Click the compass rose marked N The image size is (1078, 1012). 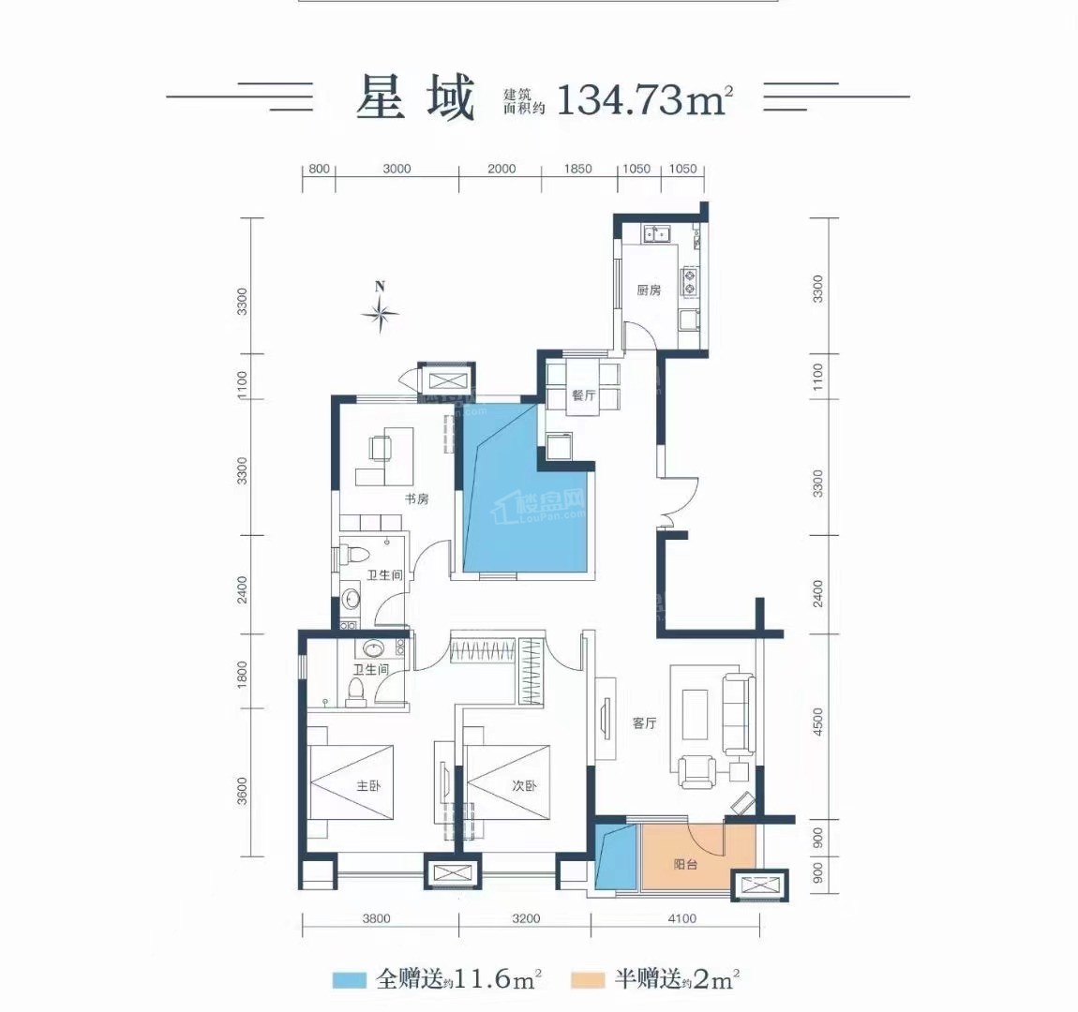[x=381, y=313]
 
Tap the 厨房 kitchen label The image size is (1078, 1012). [x=649, y=290]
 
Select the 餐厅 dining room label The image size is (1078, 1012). [x=583, y=395]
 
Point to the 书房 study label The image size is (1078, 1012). [x=416, y=499]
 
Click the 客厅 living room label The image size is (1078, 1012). [x=644, y=722]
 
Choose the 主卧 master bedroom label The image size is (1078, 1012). [x=368, y=785]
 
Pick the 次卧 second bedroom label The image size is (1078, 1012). [x=524, y=785]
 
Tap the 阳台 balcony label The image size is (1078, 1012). [x=685, y=864]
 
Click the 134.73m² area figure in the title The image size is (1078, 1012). [x=644, y=99]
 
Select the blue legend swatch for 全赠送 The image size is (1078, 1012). [x=350, y=980]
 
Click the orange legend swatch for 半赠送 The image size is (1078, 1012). [x=588, y=980]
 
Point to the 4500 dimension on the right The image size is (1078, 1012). [x=817, y=722]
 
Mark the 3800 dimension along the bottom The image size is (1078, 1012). [x=376, y=918]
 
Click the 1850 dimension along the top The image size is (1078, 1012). [x=577, y=169]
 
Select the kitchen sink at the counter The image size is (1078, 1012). [x=656, y=233]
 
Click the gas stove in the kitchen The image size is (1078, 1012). [x=690, y=281]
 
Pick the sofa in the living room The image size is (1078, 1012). [x=739, y=714]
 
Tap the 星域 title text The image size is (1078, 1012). [x=415, y=98]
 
